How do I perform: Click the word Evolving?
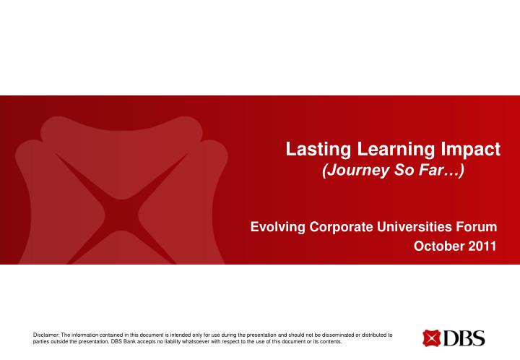[275, 227]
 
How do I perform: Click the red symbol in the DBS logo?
[431, 338]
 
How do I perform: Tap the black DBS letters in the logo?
[464, 338]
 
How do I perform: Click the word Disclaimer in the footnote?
[47, 335]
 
